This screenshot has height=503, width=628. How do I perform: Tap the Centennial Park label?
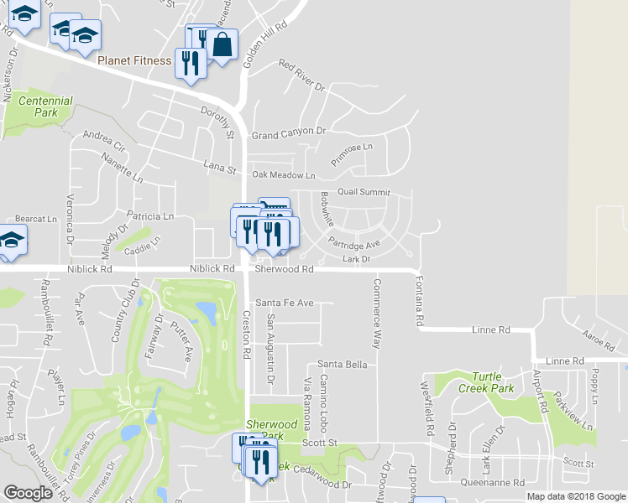tap(45, 106)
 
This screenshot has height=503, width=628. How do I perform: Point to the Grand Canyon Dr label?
tap(288, 133)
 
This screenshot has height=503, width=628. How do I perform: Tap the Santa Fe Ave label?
tap(284, 303)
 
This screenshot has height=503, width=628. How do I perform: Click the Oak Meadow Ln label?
tap(283, 175)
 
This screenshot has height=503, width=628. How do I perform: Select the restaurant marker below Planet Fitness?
tap(190, 64)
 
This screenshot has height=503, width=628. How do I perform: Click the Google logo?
tap(29, 493)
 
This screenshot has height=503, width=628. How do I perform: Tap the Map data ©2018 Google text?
tap(576, 496)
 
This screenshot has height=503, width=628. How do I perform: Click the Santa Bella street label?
tap(342, 365)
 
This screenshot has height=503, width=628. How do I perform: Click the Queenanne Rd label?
tap(494, 483)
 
